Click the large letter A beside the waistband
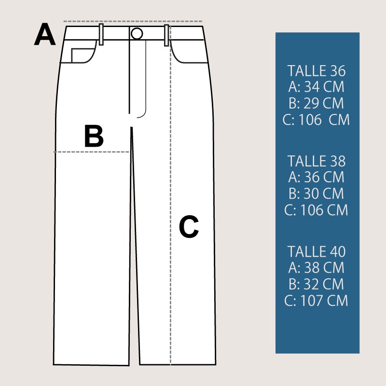(x=44, y=34)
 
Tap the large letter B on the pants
(x=94, y=136)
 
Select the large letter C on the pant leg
(x=189, y=226)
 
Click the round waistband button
(x=137, y=33)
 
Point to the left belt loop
(x=101, y=34)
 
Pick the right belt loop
(x=166, y=35)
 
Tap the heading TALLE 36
(x=317, y=71)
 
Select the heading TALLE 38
(x=317, y=161)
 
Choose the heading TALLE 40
(x=317, y=251)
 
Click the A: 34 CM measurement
(x=317, y=87)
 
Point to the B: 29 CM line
(x=317, y=103)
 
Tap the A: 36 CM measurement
(x=317, y=177)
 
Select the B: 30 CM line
(x=317, y=194)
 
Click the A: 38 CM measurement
(x=317, y=268)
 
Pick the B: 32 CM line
(x=317, y=284)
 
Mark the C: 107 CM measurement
(x=316, y=301)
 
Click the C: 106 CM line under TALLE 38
(x=316, y=210)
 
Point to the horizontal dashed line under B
(x=92, y=152)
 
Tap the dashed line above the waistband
(x=133, y=21)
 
